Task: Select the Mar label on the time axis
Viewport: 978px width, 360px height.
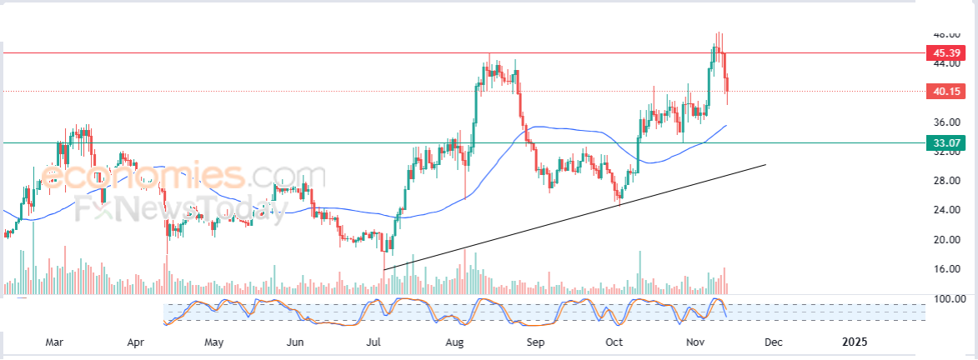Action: click(54, 342)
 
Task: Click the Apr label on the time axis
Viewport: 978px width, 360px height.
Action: click(135, 342)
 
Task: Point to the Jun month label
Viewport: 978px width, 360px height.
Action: click(294, 342)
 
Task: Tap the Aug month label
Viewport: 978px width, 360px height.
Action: click(454, 342)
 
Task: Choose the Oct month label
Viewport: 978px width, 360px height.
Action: click(614, 342)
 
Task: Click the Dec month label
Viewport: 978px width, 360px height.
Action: click(773, 342)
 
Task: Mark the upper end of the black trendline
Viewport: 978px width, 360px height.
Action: click(765, 165)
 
